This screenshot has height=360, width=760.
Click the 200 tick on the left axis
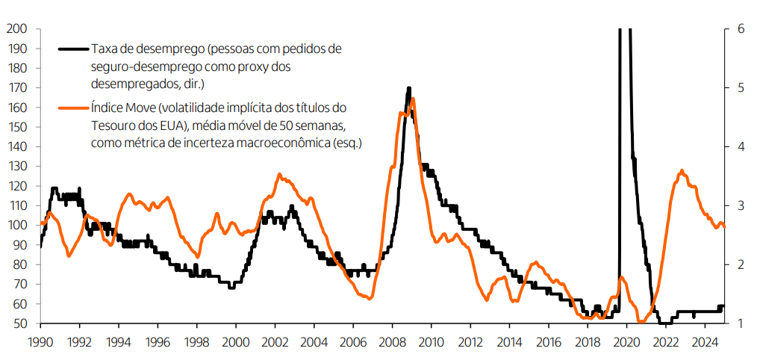[16, 29]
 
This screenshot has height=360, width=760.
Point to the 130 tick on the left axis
[16, 167]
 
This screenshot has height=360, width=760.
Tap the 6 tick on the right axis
[741, 29]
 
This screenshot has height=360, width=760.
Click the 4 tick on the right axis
[741, 147]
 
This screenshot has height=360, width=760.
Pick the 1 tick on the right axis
[741, 323]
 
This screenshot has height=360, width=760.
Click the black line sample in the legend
[73, 50]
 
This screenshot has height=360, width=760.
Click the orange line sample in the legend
[73, 108]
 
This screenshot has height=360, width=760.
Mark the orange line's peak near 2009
[413, 99]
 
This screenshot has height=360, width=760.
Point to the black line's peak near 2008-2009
[408, 88]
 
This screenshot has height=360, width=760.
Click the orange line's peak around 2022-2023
[681, 171]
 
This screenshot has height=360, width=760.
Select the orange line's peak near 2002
[279, 174]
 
